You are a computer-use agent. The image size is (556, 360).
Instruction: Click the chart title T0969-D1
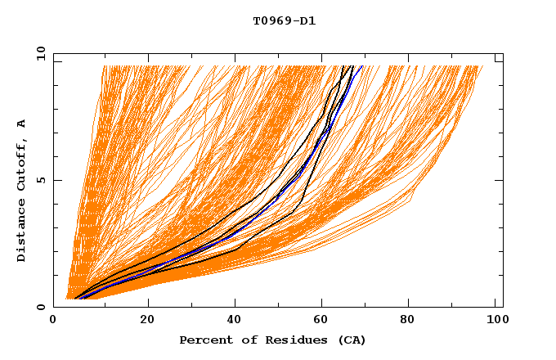[x=284, y=20]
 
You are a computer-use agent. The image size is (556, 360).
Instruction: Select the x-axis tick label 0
[x=53, y=320]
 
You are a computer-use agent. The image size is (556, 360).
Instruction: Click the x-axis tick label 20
[x=148, y=320]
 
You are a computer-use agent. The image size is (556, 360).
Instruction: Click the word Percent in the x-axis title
[x=202, y=340]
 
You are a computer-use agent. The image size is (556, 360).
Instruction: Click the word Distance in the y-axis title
[x=21, y=233]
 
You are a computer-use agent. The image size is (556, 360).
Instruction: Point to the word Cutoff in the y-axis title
[x=21, y=163]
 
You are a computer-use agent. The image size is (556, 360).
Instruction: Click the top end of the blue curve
[x=363, y=66]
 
